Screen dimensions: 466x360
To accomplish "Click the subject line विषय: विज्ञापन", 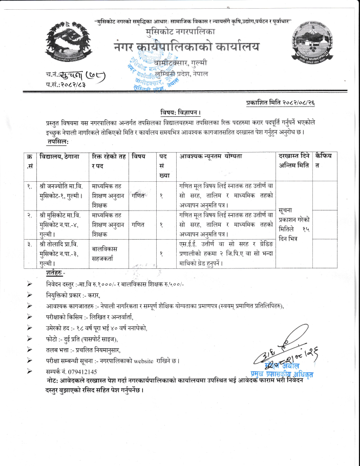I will pos(178,112).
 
